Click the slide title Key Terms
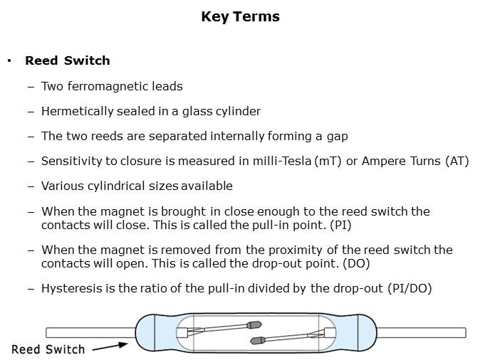tap(240, 16)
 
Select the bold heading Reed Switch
tap(68, 60)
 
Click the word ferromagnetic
tap(108, 86)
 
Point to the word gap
tap(338, 137)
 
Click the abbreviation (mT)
tap(328, 162)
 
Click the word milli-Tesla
tap(282, 161)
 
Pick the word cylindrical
tap(116, 186)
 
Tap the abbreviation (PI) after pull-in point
tap(340, 225)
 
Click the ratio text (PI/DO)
tap(409, 288)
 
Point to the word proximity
tap(296, 250)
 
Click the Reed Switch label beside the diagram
tap(48, 349)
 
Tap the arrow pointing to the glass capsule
tap(110, 347)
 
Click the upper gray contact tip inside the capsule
tap(254, 324)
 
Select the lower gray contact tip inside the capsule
tap(258, 340)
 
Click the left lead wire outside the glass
tap(90, 333)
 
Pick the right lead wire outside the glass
tap(421, 332)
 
